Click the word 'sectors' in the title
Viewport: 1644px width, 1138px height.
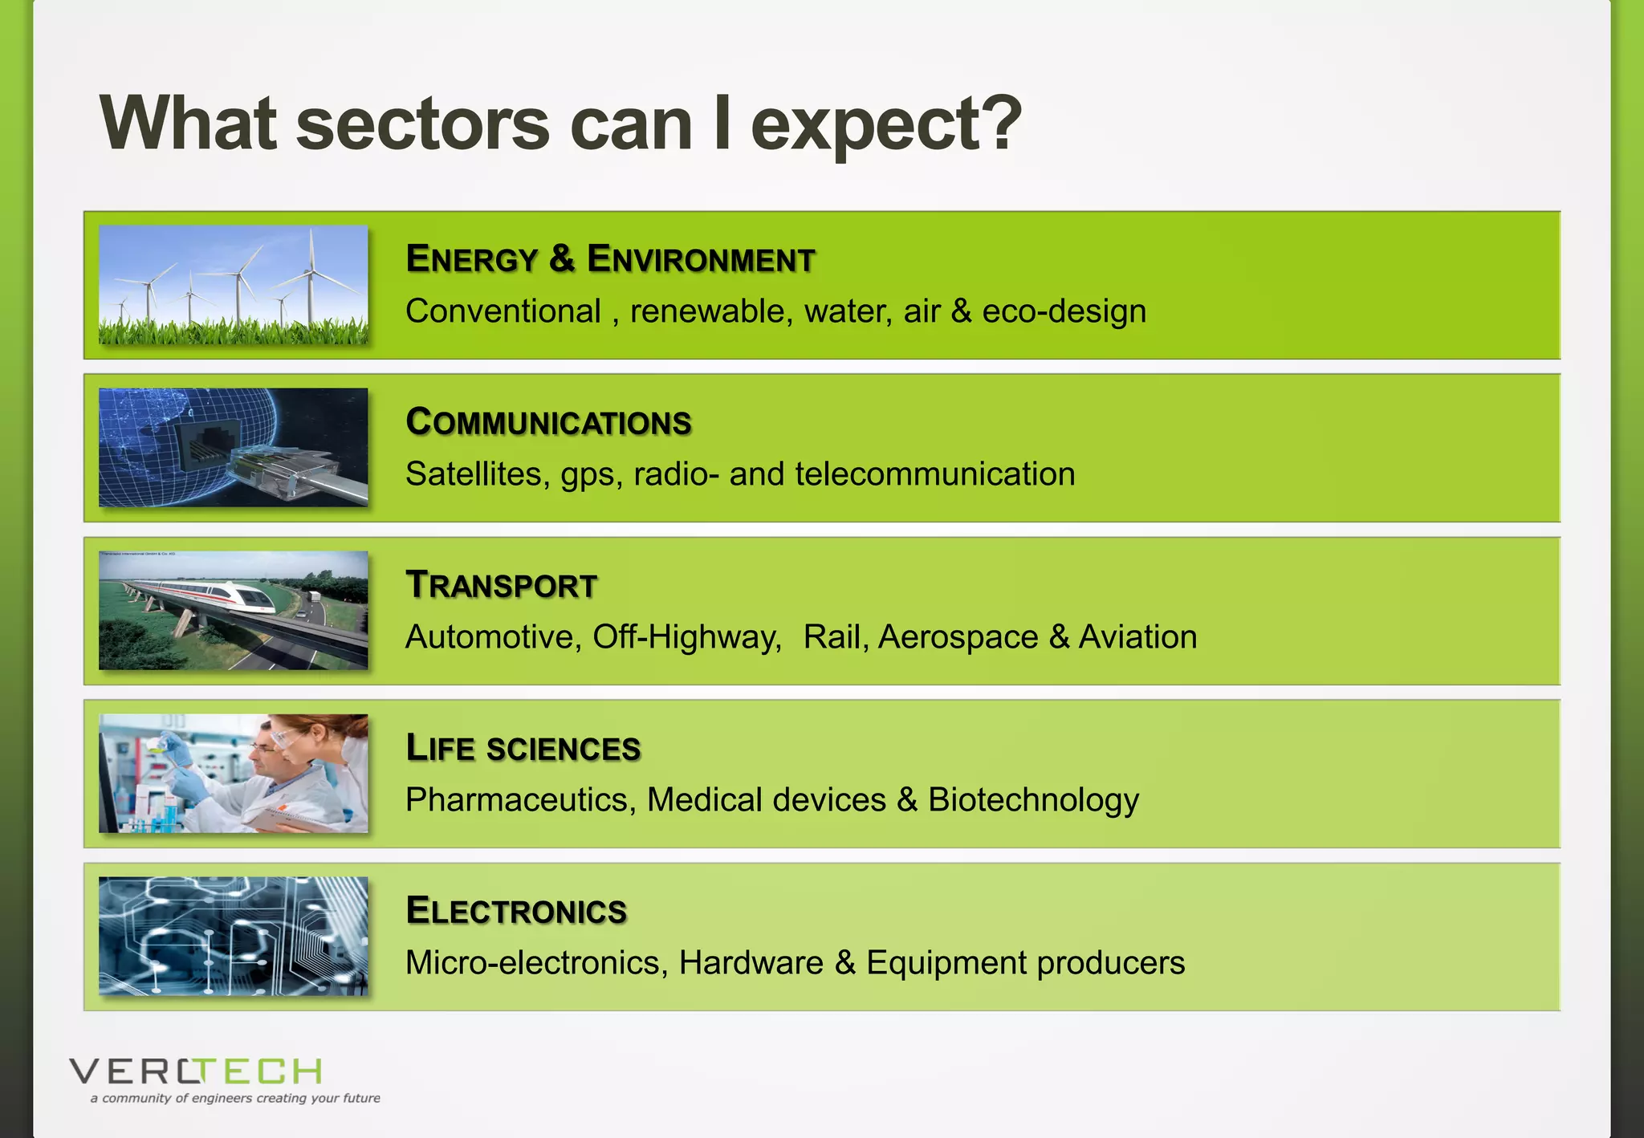point(422,124)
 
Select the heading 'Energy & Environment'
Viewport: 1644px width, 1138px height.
point(610,259)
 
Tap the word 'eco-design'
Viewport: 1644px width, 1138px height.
point(1064,311)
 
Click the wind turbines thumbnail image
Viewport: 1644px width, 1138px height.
point(233,285)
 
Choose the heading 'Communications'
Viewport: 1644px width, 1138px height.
point(548,422)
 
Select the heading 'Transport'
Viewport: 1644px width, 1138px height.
point(501,585)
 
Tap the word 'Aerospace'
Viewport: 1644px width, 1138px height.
point(958,637)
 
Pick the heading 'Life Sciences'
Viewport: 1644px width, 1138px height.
point(523,748)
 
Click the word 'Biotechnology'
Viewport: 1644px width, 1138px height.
point(1033,800)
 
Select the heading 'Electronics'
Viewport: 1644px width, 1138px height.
point(516,911)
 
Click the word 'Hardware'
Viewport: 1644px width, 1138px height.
point(751,963)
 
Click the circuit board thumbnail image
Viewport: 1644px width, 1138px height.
point(233,936)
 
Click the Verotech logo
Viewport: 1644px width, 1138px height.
point(195,1071)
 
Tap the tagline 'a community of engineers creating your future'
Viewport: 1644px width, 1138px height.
point(235,1098)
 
